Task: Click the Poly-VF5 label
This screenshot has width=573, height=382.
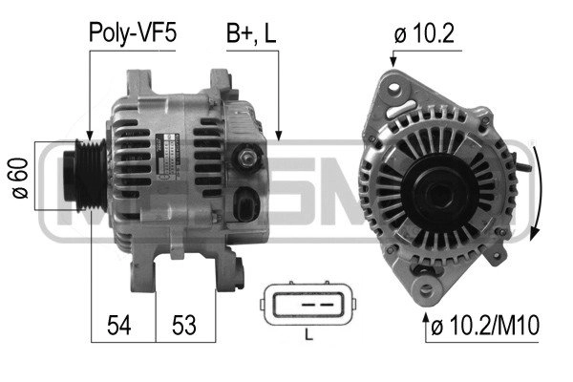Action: (x=133, y=33)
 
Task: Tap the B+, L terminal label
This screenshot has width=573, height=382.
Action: (x=251, y=33)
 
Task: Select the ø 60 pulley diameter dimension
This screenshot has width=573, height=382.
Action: (x=20, y=178)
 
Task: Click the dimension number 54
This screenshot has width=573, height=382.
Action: (x=119, y=325)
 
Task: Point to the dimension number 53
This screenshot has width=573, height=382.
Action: (x=183, y=325)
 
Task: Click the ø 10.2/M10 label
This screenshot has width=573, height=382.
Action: (x=485, y=326)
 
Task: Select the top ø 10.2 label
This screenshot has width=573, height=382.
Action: (x=424, y=33)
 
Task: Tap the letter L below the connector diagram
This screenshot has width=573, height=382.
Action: (x=308, y=334)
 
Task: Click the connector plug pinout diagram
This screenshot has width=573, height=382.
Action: (x=308, y=304)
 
